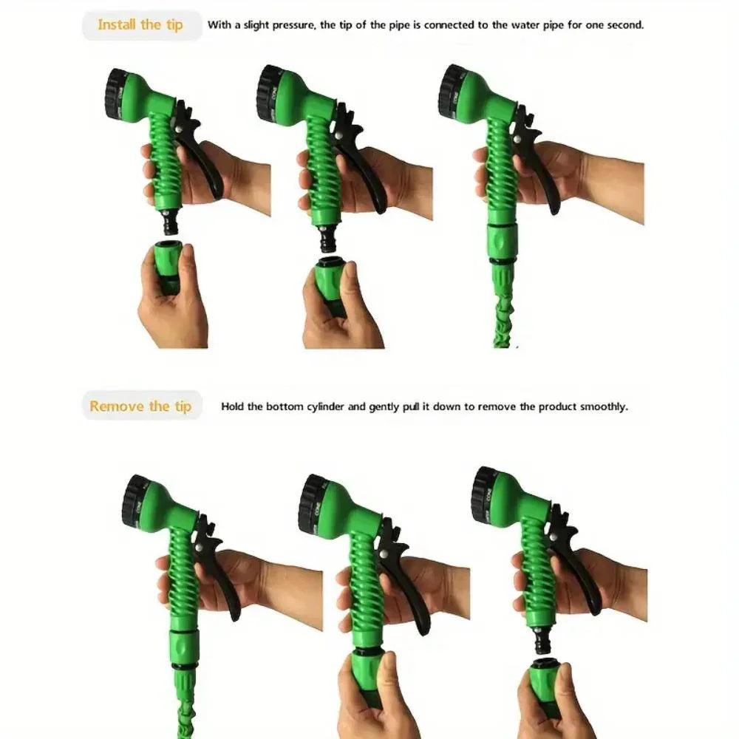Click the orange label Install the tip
tap(140, 24)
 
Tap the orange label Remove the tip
tap(140, 406)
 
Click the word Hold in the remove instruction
tap(233, 406)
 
